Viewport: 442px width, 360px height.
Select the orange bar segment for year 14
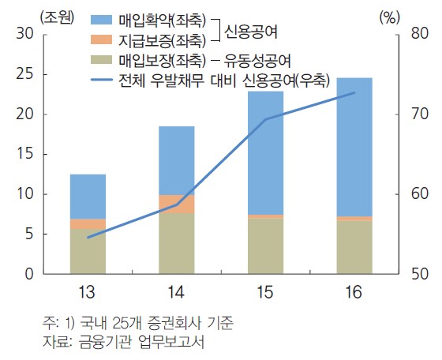(x=177, y=204)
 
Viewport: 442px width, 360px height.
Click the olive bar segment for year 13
(x=88, y=252)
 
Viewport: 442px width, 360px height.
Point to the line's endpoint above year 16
(x=354, y=93)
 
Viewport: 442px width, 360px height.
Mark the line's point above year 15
(x=265, y=120)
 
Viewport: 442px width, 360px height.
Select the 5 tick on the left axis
(x=28, y=234)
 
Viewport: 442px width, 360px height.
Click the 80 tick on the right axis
(x=418, y=33)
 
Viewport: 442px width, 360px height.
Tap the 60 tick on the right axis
(x=418, y=194)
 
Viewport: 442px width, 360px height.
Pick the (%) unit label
(x=390, y=15)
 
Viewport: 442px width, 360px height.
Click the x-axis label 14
(x=176, y=293)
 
